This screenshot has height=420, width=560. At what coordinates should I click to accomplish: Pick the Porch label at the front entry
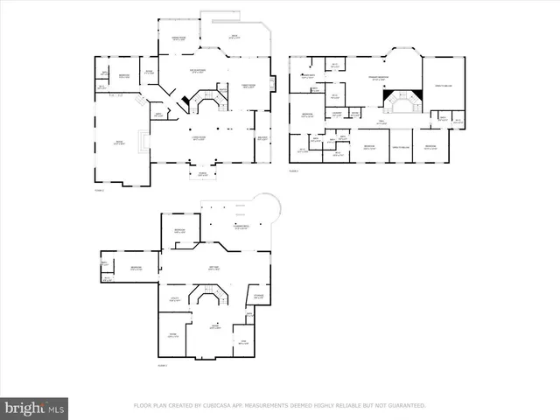pos(203,175)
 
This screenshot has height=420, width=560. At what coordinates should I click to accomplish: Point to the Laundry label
pos(337,113)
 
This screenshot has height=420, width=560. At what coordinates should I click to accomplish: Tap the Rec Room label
pos(213,269)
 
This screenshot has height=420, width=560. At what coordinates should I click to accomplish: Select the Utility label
pos(174,299)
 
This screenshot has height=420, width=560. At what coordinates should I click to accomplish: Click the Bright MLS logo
pos(35,408)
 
